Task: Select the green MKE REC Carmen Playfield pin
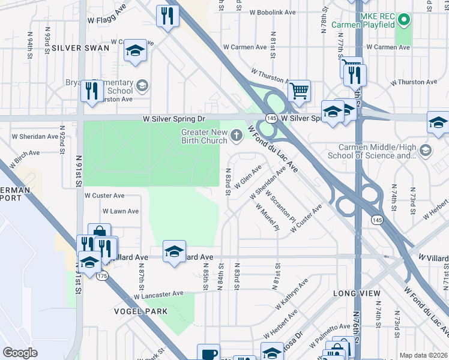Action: point(404,20)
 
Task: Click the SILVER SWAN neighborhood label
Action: point(80,48)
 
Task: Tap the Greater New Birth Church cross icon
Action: point(236,136)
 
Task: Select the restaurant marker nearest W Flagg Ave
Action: point(167,16)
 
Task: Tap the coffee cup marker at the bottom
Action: point(208,354)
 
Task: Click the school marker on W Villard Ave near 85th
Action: point(174,251)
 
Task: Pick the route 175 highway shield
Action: point(102,276)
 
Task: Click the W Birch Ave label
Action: point(24,158)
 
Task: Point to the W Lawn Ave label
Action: point(121,211)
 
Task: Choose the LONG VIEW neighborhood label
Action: point(357,293)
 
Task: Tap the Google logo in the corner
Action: point(20,353)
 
